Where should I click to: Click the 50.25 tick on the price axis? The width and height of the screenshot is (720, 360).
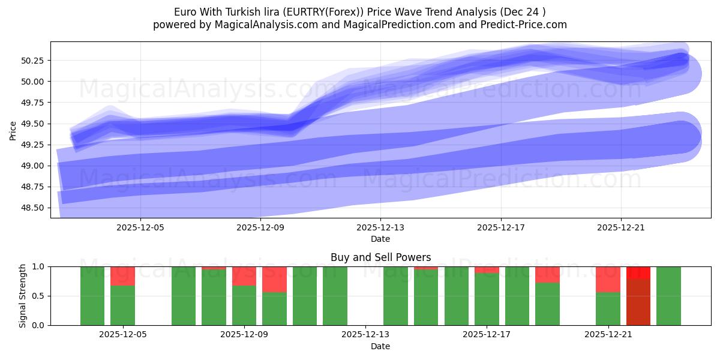tap(35, 61)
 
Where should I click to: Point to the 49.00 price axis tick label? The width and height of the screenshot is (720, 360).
tap(35, 166)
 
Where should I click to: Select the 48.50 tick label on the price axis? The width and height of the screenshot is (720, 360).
tap(35, 208)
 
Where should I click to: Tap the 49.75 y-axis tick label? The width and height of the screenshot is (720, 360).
tap(35, 103)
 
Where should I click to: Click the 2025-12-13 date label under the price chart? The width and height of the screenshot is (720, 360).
tap(380, 227)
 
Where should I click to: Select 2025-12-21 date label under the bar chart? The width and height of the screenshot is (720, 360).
tap(608, 335)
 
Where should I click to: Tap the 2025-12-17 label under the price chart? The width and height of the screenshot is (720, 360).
tap(501, 227)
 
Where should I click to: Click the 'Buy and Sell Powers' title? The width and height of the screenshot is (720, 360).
tap(380, 257)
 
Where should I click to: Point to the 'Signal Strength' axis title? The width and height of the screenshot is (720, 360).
tap(23, 296)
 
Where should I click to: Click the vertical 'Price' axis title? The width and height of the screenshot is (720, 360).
tap(13, 130)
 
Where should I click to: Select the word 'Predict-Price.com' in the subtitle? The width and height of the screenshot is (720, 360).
tap(528, 25)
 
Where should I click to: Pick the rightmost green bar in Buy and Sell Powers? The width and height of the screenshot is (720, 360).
tap(668, 296)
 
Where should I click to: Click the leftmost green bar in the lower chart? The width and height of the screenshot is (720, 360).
tap(92, 296)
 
